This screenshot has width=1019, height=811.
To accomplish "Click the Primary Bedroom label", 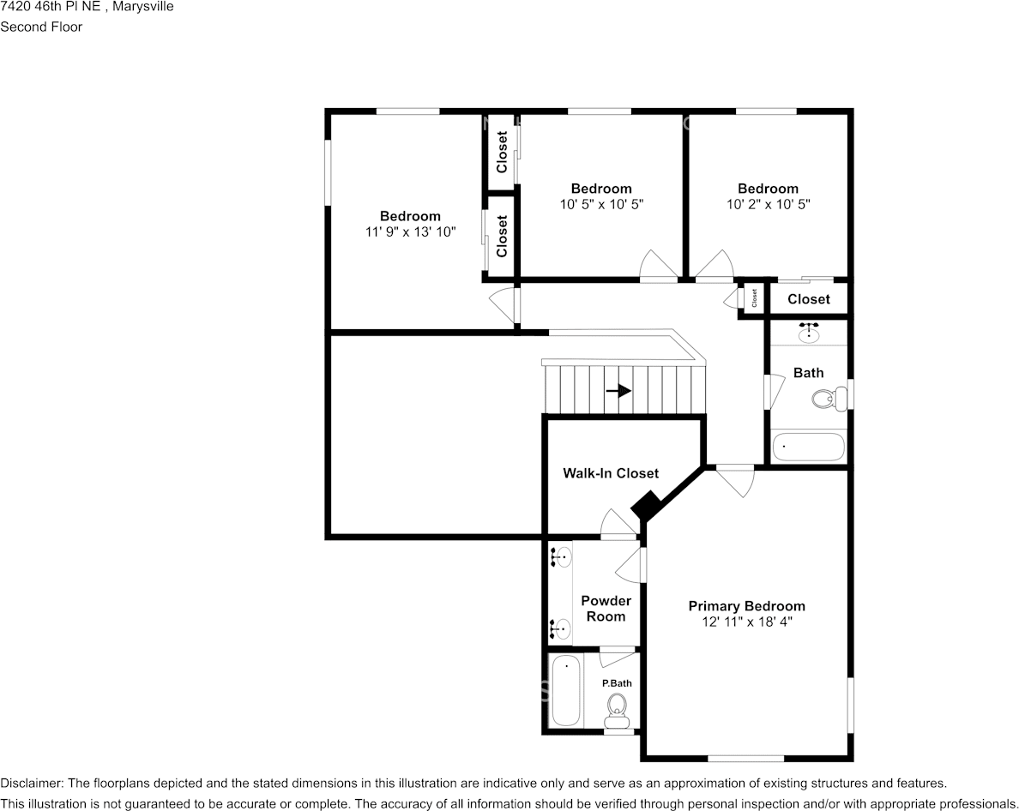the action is click(x=747, y=606).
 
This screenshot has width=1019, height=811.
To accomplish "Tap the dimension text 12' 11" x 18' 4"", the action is click(x=747, y=622).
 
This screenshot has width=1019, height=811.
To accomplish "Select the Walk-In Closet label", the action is click(x=611, y=473).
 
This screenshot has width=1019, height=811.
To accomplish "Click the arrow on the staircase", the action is click(x=618, y=391).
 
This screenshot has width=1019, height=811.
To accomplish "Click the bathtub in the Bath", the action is click(x=809, y=448).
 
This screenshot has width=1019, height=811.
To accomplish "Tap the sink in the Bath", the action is click(x=809, y=333).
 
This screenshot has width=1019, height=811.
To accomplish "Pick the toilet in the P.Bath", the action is click(x=616, y=711).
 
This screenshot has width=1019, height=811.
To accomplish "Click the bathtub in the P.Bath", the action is click(x=565, y=692).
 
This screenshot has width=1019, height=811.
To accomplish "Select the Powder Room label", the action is click(x=606, y=609).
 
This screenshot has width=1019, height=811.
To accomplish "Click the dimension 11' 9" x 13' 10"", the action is click(x=410, y=231).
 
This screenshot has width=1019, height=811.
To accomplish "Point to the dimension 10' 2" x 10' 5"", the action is click(x=769, y=204).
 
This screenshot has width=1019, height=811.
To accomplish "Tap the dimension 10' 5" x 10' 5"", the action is click(x=602, y=204).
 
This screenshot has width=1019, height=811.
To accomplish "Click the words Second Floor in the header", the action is click(x=41, y=27).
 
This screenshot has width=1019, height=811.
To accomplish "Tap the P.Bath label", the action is click(x=617, y=683).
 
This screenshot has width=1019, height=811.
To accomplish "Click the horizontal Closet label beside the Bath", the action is click(x=809, y=299).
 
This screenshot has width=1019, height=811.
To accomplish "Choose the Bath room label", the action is click(x=809, y=373).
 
